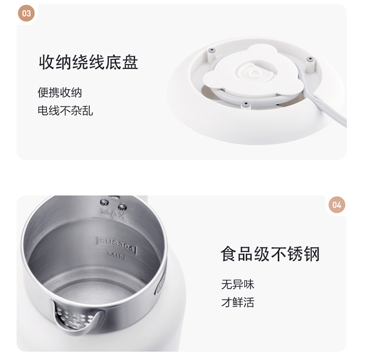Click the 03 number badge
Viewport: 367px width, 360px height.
26,13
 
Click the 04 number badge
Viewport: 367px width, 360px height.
337,205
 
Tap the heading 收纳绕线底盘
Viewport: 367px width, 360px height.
89,62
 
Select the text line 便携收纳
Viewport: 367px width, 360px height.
60,93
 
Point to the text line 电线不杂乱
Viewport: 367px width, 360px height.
65,110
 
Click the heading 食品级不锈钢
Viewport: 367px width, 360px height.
270,254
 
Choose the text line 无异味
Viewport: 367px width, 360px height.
237,285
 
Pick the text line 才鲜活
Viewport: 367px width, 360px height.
237,302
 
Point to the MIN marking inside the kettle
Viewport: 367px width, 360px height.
116,256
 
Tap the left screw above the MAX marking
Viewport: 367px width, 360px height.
104,203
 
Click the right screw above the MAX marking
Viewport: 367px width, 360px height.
122,207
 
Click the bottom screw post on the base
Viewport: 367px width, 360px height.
245,105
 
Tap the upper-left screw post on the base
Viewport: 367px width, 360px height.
211,53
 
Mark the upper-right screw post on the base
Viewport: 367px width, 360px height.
310,63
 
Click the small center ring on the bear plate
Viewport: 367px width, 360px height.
253,74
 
